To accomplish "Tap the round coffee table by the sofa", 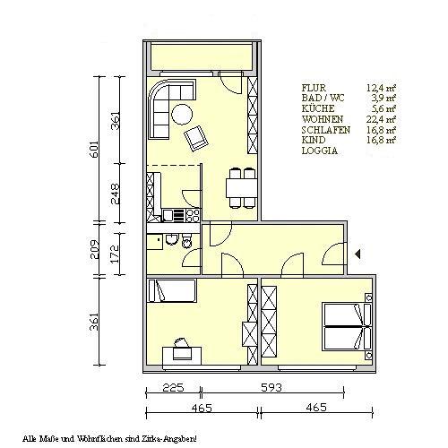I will pos(181,114).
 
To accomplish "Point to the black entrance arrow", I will pos(358,254).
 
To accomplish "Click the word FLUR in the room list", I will pos(314,88).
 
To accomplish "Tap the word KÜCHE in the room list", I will pos(318,109).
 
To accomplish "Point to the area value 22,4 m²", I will pos(382,120).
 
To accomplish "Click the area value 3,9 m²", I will pos(384,99).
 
